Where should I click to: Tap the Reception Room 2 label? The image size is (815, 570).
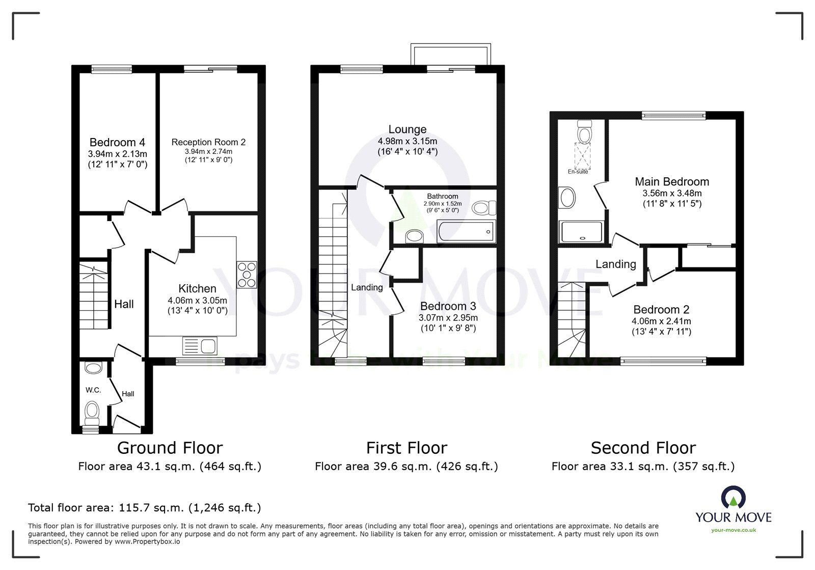[208, 142]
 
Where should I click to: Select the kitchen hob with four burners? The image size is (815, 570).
[247, 275]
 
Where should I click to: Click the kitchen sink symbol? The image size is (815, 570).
[200, 346]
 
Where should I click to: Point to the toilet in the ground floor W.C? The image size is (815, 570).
[92, 412]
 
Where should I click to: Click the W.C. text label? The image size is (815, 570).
[93, 390]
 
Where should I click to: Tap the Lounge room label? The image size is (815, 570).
[407, 129]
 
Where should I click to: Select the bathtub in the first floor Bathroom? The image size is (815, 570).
[465, 233]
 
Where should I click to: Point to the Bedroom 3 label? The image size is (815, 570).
[448, 306]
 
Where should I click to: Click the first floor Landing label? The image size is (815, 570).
[367, 287]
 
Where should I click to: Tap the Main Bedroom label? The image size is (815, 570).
[671, 182]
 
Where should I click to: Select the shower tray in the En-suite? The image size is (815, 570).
[581, 232]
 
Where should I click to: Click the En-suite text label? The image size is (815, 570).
[578, 172]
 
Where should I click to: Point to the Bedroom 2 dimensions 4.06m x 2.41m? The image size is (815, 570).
[661, 321]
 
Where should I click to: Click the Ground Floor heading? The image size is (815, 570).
[170, 448]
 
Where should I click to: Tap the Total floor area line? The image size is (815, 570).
[144, 507]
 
